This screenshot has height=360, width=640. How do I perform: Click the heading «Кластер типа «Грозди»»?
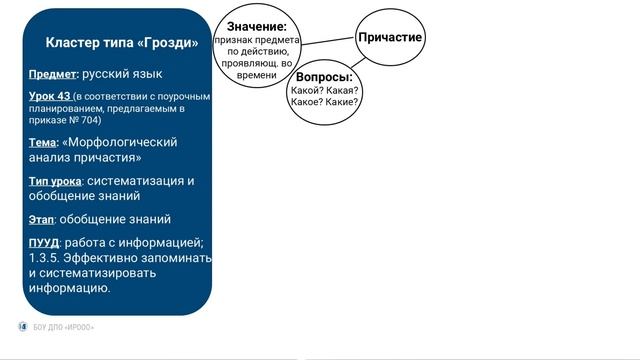tap(122, 43)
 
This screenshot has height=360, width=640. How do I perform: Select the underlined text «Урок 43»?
tap(50, 97)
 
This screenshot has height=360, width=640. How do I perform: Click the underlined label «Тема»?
tap(43, 143)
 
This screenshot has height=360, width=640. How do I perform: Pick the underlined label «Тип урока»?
tap(55, 181)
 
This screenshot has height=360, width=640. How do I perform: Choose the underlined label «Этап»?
tap(41, 219)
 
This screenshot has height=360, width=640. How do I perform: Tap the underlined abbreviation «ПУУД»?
tap(44, 243)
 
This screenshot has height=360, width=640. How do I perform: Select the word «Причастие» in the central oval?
tap(390, 37)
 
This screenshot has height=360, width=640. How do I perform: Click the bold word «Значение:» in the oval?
tap(257, 26)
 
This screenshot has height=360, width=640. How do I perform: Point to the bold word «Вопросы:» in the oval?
tap(325, 76)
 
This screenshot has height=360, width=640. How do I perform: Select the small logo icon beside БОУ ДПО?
tap(24, 327)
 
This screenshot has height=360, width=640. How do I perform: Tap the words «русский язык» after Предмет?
tap(122, 74)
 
